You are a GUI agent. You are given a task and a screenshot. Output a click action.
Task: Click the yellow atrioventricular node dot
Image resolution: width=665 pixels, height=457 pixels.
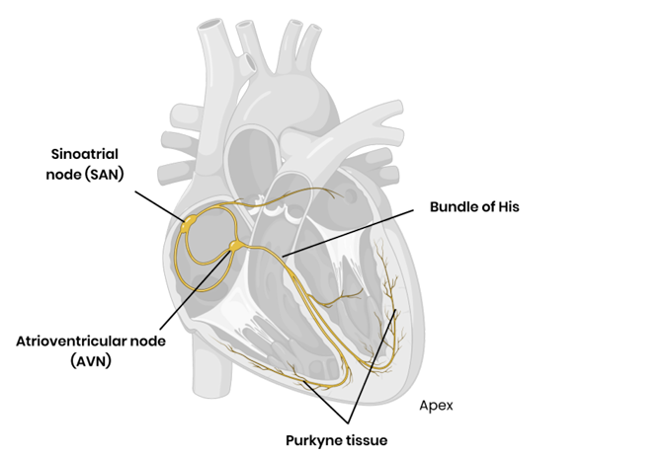pos(235,243)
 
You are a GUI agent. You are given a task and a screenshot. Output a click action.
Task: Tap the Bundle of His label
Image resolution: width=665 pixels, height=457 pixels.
pos(473,208)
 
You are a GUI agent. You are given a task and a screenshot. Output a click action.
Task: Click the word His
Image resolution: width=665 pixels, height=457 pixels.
pos(507,208)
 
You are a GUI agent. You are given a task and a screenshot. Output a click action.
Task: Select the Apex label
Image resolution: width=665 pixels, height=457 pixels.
pos(436,405)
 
